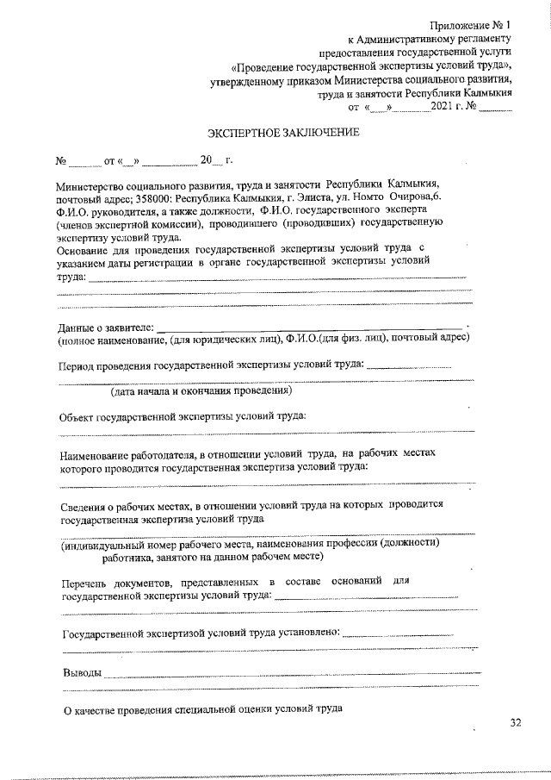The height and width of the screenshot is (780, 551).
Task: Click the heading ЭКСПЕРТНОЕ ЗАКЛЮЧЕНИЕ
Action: coord(283,134)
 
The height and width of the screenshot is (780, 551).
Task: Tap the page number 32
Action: coord(515,723)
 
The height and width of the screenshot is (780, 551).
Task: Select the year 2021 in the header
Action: coord(447,108)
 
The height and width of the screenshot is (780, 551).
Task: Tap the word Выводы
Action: coord(82,672)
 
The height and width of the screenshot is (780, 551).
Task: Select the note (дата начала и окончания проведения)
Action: coord(201,391)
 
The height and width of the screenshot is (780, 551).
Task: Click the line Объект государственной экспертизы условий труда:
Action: coord(182,417)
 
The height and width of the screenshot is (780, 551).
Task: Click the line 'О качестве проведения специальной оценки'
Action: coord(203,710)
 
